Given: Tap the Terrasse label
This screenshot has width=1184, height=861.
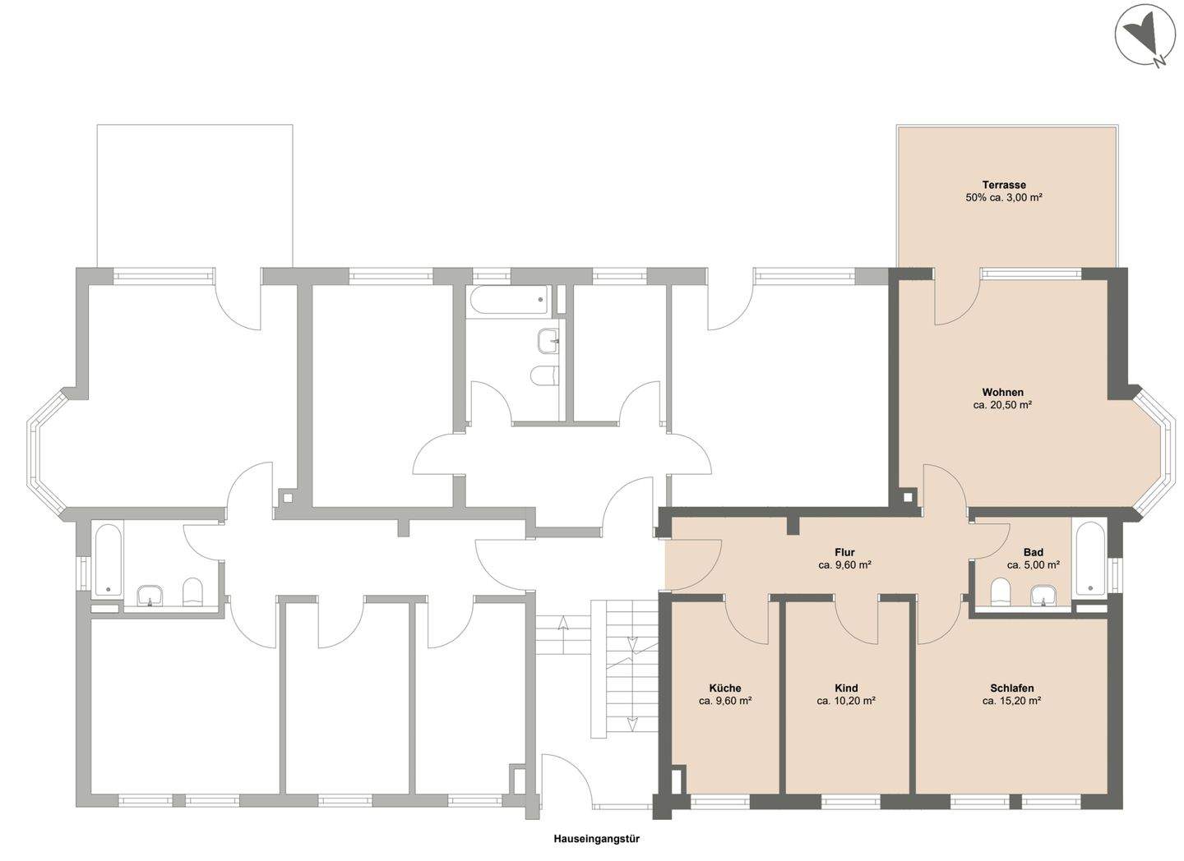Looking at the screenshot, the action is pos(1004,185).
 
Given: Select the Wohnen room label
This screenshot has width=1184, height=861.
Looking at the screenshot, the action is pos(1003,393).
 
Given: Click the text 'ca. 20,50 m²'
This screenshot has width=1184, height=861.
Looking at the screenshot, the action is pos(1003,405).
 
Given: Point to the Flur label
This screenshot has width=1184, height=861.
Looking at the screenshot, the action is pos(844,553).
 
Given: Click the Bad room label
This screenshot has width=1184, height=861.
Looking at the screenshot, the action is pos(1034,553).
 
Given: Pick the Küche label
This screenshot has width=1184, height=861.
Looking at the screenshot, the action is pos(725,688).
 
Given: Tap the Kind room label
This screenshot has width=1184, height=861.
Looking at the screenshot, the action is pos(846,688).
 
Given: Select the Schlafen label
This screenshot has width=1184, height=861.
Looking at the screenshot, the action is pos(1011,688).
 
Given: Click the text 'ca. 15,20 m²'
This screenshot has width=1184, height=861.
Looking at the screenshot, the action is pos(1011,701).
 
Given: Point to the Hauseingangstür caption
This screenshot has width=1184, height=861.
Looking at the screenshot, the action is pos(597,838).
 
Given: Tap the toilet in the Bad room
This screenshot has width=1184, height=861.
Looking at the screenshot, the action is pos(1000,592).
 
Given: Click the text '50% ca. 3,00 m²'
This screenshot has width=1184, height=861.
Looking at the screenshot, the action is pos(1004,197).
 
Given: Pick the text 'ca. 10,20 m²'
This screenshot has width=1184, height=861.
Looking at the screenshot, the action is pos(846,701).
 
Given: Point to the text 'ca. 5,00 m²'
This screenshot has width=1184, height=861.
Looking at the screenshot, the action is pos(1034,565).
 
